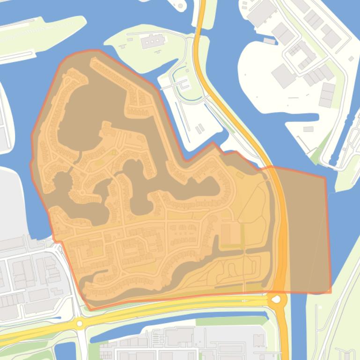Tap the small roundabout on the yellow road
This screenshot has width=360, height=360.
pos(80,323)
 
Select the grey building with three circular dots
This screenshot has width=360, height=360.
pos(153,43)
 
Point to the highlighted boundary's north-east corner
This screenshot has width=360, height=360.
pos(325,178)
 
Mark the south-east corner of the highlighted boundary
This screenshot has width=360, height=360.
pos(330,292)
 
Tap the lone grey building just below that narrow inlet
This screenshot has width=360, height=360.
pos(308,129)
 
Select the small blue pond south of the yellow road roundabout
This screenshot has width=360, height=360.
pos(66,351)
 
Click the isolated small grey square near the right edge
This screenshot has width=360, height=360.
pos(351,59)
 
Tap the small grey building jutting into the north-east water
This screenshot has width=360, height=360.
pos(269,41)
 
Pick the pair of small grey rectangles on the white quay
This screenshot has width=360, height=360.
pos(200,127)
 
